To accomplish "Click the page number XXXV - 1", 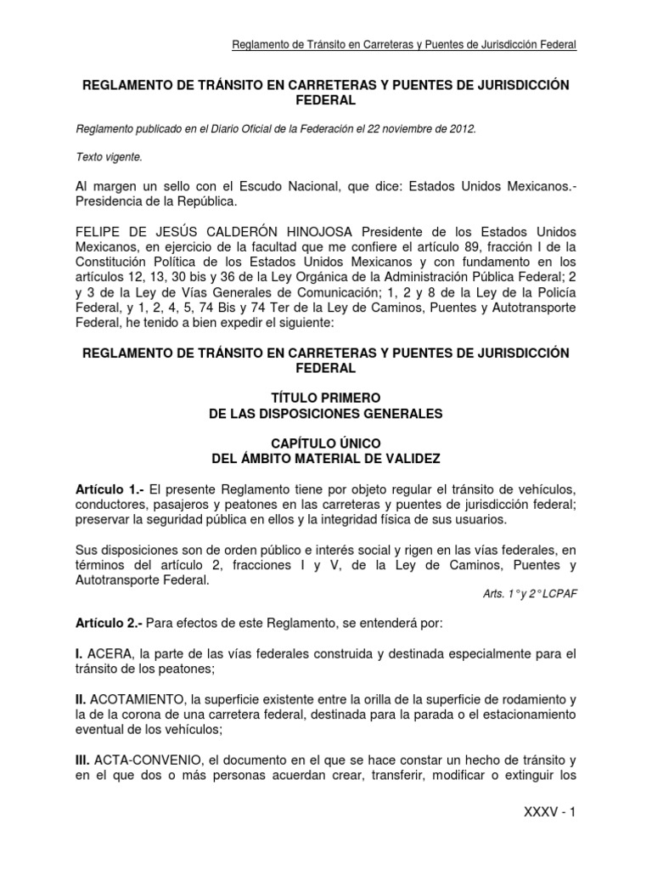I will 550,811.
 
